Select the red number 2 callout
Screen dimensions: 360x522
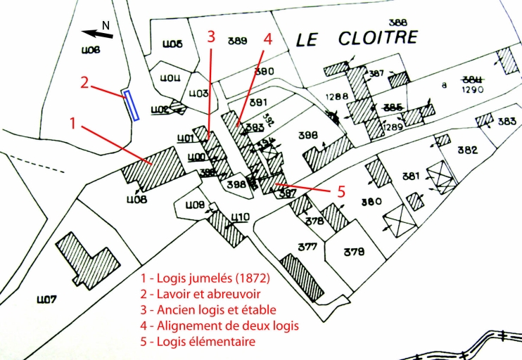click(84, 82)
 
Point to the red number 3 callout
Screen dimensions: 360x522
click(210, 37)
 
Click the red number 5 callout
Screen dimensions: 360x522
click(340, 190)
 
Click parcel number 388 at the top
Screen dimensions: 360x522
click(397, 22)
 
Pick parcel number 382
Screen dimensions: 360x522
click(467, 150)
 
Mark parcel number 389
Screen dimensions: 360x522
click(238, 41)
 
